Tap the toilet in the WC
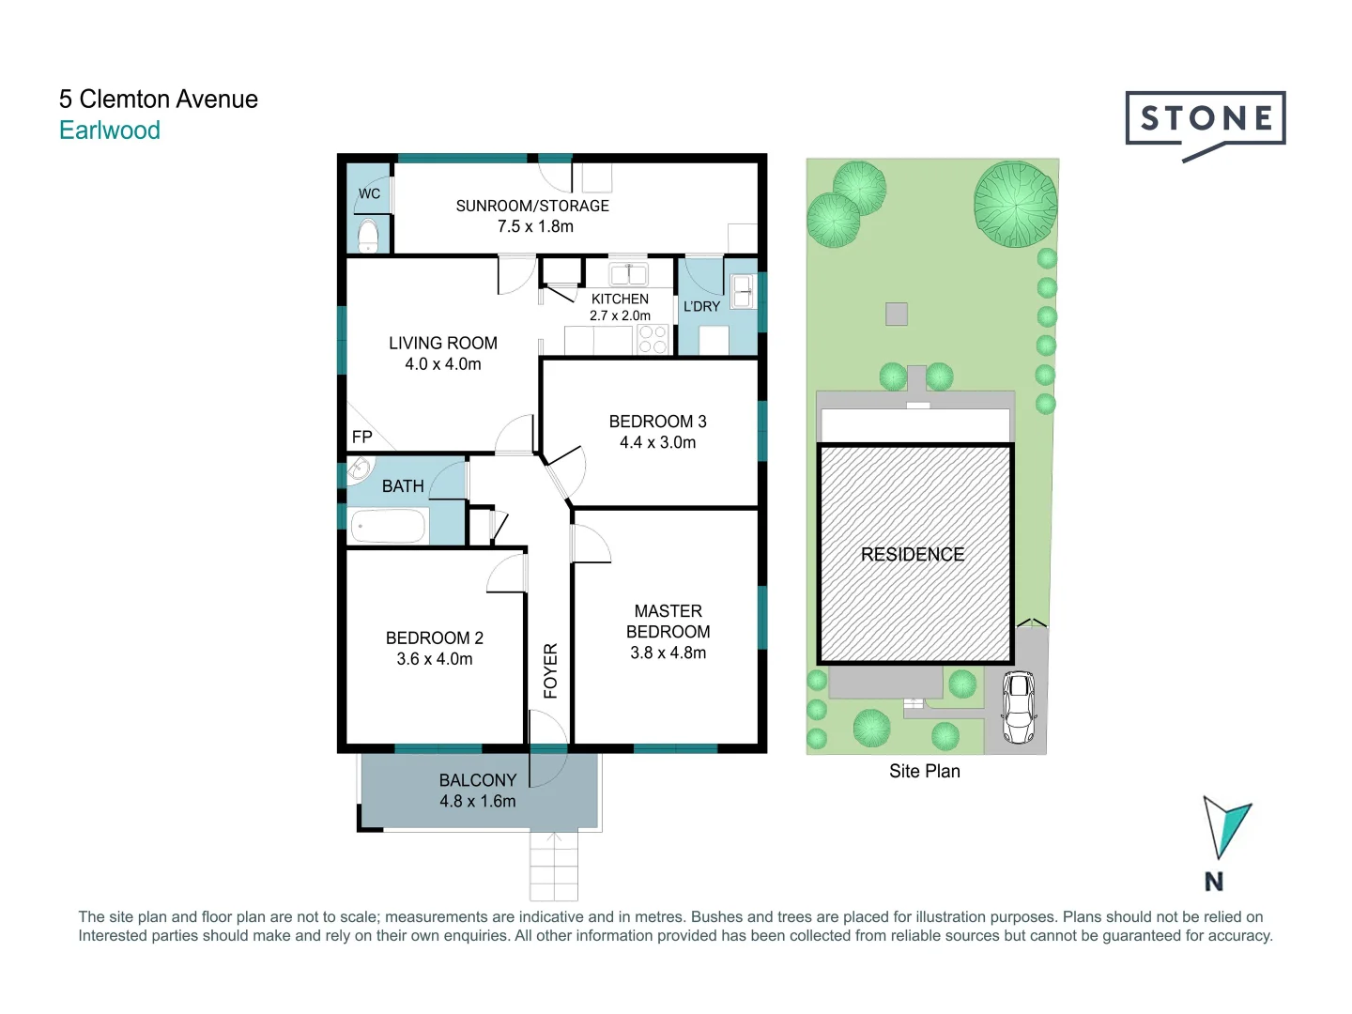(368, 235)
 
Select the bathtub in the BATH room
(388, 527)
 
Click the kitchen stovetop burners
(653, 340)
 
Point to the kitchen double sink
(627, 274)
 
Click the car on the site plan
(1019, 707)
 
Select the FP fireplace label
(361, 437)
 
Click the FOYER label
(551, 670)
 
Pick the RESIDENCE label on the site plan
(913, 555)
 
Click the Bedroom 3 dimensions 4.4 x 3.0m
(657, 442)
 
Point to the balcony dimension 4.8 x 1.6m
(477, 801)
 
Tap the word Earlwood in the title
(110, 131)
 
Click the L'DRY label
(701, 307)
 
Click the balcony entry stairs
(553, 866)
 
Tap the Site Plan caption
(924, 771)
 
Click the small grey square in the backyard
(897, 314)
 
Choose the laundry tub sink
(742, 290)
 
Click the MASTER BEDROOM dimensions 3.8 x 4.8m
(668, 653)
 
